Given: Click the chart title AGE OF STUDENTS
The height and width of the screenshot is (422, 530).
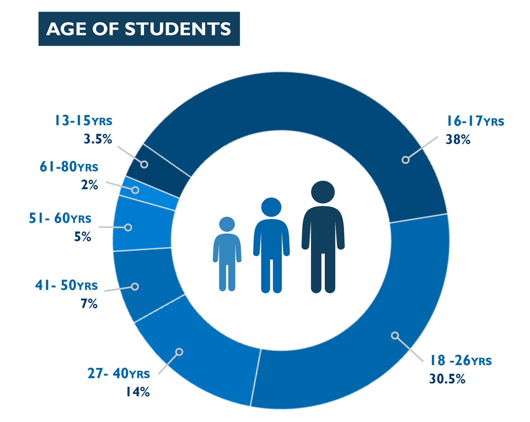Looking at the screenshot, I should coord(139,29).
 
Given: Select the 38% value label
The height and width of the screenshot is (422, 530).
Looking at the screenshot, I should coord(458,140).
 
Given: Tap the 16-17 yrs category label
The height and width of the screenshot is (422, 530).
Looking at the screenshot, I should coord(475,121).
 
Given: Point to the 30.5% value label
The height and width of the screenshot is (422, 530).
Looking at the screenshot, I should coord(447,379).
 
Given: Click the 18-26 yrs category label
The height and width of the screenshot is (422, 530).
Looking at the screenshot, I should coord(461,361).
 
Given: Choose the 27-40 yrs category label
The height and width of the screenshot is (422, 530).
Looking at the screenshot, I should coord(119,374).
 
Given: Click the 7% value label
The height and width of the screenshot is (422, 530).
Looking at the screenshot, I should coord(89,304).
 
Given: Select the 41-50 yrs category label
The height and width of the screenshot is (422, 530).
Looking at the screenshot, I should coord(67,285).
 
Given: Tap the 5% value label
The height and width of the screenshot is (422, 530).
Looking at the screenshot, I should coord(83,237).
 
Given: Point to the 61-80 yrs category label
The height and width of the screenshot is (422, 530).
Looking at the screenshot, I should coord(69,167).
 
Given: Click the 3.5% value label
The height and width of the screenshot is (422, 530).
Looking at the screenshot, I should coord(98,139).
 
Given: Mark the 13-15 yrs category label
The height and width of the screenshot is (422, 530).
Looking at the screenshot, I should coord(83,121).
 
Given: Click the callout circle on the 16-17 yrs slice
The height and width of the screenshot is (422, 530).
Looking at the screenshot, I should coord(405,160).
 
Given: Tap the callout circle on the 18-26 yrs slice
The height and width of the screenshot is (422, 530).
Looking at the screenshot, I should coord(395,335).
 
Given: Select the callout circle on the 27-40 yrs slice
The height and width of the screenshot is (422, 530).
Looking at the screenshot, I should coord(179,352).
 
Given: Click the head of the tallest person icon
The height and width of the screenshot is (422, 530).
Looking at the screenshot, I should coord(323,192).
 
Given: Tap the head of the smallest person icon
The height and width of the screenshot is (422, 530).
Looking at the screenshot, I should coord(227,224).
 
